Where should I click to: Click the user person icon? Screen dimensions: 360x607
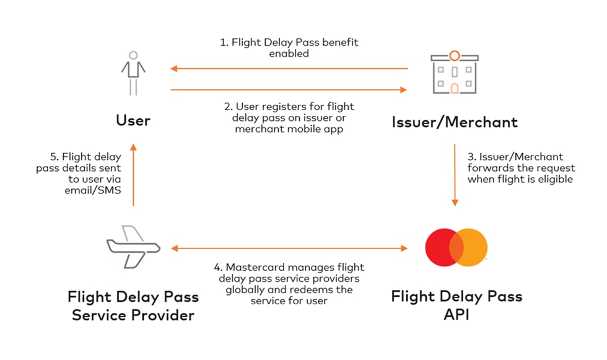[x=133, y=74]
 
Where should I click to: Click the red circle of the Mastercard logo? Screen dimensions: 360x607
[x=441, y=247]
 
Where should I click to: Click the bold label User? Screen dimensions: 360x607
[x=133, y=120]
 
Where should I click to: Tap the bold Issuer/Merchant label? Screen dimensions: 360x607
[x=455, y=121]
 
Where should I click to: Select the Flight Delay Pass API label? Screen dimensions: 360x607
[x=456, y=305]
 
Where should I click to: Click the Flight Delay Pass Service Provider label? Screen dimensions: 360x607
[x=133, y=305]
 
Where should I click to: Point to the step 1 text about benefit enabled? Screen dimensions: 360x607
[x=289, y=48]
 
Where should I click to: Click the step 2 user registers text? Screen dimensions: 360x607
[x=289, y=118]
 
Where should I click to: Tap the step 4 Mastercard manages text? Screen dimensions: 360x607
[x=289, y=284]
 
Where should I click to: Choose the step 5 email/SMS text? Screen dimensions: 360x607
[x=87, y=174]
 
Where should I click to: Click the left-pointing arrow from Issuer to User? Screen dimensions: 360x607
[x=289, y=69]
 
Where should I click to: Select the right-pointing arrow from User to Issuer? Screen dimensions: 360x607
[x=289, y=90]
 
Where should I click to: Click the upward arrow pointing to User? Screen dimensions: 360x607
[x=133, y=173]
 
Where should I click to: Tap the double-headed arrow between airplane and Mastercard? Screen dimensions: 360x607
[x=289, y=248]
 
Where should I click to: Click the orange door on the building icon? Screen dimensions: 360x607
[x=455, y=89]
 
